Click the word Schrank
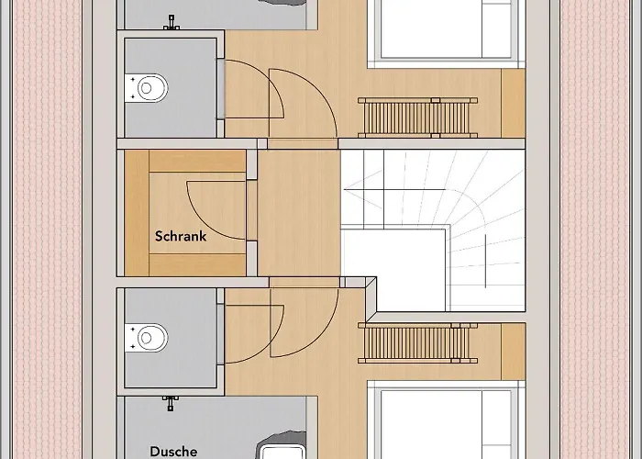click(181, 236)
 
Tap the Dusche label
click(173, 452)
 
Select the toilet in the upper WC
click(147, 88)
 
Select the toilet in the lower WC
click(147, 338)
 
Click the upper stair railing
click(417, 118)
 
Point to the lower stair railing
click(417, 343)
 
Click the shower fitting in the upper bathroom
click(172, 23)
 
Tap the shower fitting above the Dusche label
click(171, 403)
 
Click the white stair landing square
click(393, 270)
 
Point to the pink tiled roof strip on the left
click(48, 229)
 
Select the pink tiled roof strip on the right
click(594, 229)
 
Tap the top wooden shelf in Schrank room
click(197, 161)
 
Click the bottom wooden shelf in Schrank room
click(197, 264)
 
